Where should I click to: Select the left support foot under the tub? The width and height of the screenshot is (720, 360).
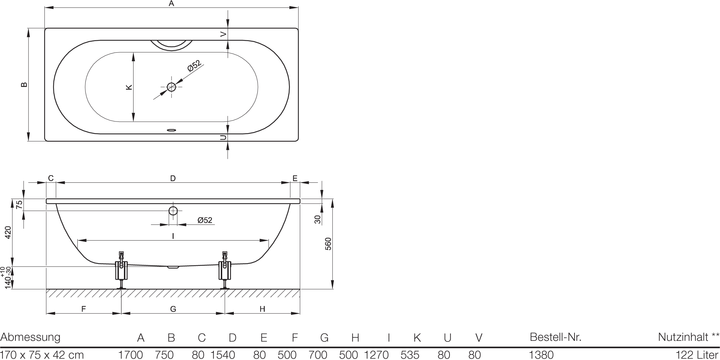(x=121, y=270)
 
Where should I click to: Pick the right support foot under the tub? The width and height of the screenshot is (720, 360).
(x=225, y=270)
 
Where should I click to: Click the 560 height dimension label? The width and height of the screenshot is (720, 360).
(x=328, y=244)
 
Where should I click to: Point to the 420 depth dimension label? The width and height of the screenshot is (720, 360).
(x=8, y=232)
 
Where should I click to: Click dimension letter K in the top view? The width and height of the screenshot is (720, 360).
(x=129, y=87)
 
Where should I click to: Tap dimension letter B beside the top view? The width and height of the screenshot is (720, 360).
(x=24, y=85)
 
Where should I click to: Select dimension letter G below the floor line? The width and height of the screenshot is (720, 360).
(x=173, y=309)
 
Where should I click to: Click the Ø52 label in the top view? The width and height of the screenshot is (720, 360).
(x=194, y=66)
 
